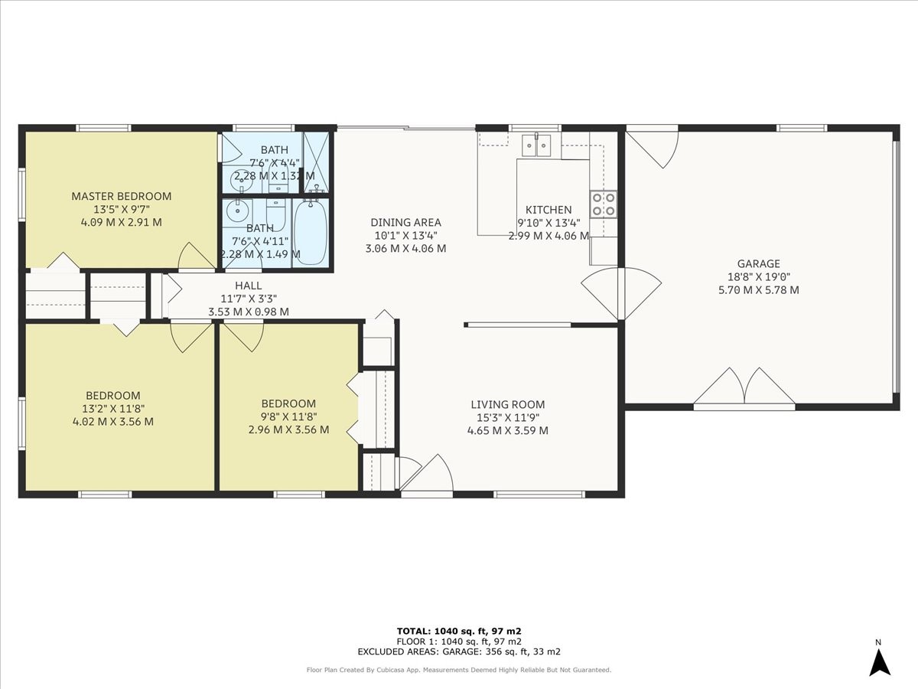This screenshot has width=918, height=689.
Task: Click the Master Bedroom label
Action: pos(121,196)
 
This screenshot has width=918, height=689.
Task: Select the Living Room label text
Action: pos(507,404)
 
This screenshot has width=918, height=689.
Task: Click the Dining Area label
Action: pos(405,223)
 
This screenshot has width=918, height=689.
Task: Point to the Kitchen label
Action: pos(548,210)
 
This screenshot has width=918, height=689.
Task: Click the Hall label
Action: pos(248,286)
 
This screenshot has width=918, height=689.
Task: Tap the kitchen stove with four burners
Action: pos(602,204)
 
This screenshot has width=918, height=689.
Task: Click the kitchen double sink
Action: pos(536,144)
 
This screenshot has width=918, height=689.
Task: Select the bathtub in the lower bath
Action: pos(311,232)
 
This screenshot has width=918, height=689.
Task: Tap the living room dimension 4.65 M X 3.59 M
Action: pos(507,430)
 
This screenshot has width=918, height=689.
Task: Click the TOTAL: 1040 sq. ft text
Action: pos(459,631)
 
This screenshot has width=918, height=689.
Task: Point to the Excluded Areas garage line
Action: pos(459,651)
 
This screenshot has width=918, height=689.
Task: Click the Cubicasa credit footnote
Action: pos(459,670)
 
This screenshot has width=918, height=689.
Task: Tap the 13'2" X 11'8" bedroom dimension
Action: pos(112,409)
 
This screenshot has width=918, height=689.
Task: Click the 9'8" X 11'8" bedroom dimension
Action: pos(288,416)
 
